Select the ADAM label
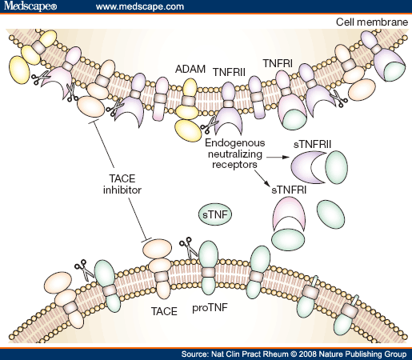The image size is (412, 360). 189,70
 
